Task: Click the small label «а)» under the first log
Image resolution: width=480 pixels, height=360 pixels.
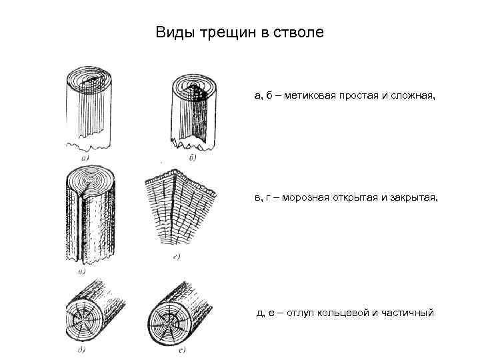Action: pyautogui.click(x=85, y=158)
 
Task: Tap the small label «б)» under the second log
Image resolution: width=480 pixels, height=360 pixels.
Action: pyautogui.click(x=192, y=158)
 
